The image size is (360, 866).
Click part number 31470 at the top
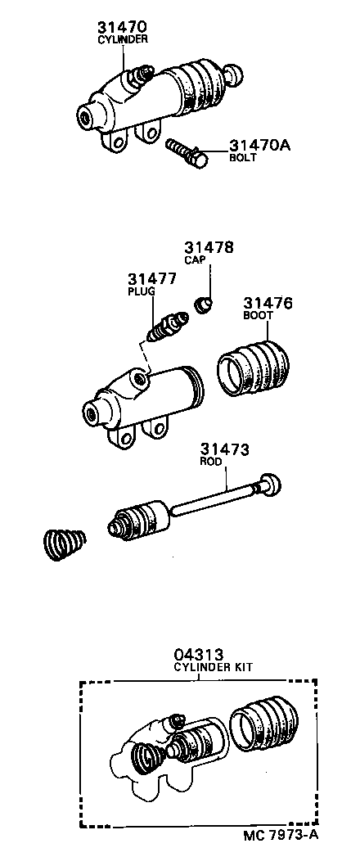coord(121,26)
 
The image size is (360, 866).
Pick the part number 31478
coord(209,247)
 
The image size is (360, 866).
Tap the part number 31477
coord(152,278)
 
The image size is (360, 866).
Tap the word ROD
coord(210,462)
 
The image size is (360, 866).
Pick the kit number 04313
coord(198,655)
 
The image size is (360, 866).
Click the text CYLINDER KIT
coord(213,667)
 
